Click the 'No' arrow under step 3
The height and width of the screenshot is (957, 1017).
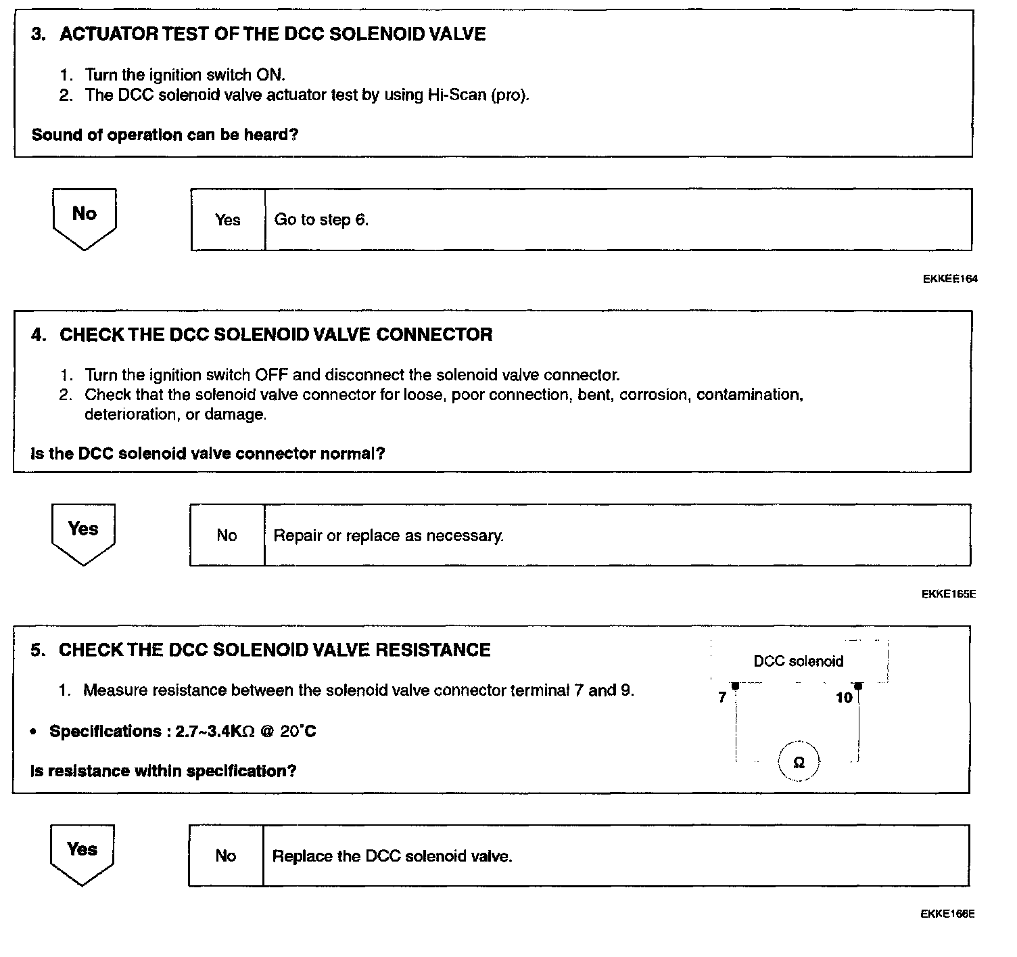[x=85, y=217]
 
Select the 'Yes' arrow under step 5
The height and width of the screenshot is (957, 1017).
[x=82, y=853]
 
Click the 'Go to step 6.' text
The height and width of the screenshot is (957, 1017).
[x=321, y=220]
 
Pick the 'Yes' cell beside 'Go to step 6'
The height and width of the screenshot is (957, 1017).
[x=228, y=220]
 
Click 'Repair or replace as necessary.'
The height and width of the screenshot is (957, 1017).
[x=388, y=536]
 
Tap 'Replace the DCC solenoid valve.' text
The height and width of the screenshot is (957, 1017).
[x=392, y=856]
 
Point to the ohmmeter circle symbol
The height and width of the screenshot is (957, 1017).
[x=798, y=763]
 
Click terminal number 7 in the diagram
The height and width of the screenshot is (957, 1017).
[x=722, y=697]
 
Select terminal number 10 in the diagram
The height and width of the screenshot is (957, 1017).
[x=844, y=698]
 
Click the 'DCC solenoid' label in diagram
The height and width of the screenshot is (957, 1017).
[x=798, y=661]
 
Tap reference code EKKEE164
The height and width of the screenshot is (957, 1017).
[x=949, y=278]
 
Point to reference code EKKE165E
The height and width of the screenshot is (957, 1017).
[x=948, y=594]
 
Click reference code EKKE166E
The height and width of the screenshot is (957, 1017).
[x=947, y=914]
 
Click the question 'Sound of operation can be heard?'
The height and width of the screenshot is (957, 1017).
[x=165, y=135]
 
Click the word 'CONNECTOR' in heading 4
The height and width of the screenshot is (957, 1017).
[x=434, y=334]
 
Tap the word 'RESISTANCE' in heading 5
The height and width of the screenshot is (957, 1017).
[x=433, y=650]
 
